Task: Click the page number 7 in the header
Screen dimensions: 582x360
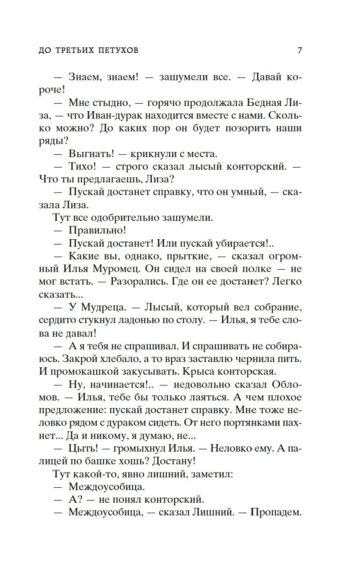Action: [300, 50]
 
